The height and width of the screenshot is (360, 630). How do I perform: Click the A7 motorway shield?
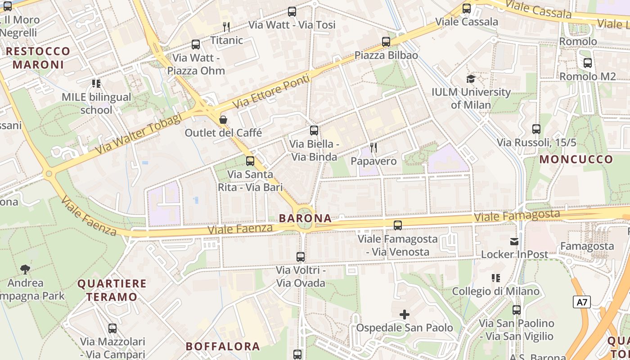(582, 301)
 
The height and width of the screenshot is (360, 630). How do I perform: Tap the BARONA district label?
(305, 218)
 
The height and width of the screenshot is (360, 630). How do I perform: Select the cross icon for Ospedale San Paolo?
(405, 314)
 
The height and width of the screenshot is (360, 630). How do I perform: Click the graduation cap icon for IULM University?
(471, 79)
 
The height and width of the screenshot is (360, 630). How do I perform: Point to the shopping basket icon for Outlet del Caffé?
(223, 120)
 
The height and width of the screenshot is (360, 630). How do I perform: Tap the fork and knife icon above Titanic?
(226, 27)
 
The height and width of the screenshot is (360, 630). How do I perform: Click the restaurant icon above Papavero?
(373, 147)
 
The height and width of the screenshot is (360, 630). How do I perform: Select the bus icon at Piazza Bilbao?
(386, 42)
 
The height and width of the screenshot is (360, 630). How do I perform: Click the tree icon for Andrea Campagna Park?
(25, 270)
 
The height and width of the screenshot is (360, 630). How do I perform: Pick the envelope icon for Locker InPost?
(514, 242)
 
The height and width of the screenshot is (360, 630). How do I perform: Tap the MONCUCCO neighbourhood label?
(576, 159)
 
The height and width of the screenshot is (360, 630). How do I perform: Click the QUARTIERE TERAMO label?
(112, 290)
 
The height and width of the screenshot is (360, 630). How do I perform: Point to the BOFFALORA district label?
(223, 346)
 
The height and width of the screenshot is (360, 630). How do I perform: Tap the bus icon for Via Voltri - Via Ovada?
(301, 257)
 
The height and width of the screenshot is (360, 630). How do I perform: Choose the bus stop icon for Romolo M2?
(587, 63)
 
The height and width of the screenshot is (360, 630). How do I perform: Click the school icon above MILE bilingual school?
(96, 84)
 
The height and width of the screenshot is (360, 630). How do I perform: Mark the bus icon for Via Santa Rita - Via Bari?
(250, 161)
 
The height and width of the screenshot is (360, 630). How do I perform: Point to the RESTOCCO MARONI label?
(38, 58)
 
